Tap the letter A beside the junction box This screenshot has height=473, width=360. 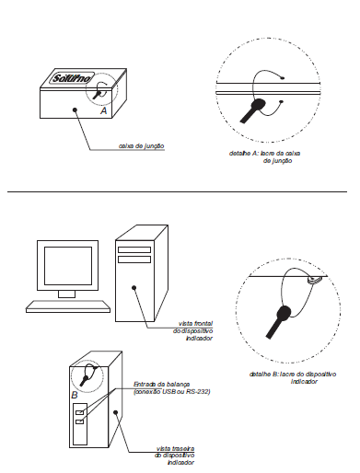pos(104,110)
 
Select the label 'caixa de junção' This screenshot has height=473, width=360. pos(142,146)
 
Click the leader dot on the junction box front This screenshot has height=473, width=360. pos(75,110)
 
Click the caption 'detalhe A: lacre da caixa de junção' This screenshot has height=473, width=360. pos(264,156)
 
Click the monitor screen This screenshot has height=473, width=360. pos(68,266)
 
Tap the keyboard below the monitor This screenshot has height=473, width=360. pos(68,306)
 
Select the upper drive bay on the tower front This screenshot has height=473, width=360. pos(134,249)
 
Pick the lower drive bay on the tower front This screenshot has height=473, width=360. pos(134,260)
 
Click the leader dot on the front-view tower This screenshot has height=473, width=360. pos(134,288)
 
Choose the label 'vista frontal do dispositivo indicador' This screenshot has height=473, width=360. pos(192,330)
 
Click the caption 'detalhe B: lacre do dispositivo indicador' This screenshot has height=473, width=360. pos(293,377)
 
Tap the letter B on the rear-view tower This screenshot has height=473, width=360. pos(75,395)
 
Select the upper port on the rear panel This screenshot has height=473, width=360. pos(79,412)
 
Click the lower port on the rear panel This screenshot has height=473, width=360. pos(79,421)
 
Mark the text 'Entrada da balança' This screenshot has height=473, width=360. pos(161,384)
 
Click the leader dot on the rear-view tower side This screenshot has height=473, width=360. pos(115,412)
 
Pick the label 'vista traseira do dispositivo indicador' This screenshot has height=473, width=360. pos(175,456)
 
